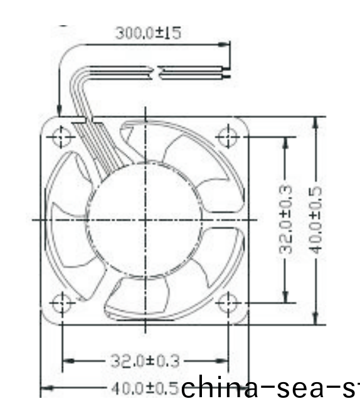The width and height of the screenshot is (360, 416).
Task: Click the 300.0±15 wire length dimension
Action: [x=148, y=33]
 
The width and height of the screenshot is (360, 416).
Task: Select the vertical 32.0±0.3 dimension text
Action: [x=285, y=219]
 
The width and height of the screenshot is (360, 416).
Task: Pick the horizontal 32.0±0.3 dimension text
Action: [x=145, y=361]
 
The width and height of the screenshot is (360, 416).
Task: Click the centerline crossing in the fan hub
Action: [x=146, y=219]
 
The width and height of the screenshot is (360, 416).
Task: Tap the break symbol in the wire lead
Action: [x=155, y=73]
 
